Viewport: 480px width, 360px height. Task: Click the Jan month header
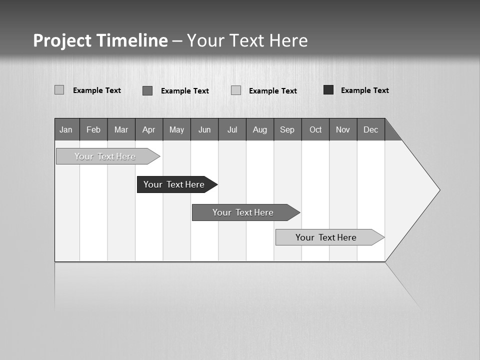(66, 129)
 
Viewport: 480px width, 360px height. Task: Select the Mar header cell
(121, 129)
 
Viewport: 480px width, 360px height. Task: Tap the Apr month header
(149, 129)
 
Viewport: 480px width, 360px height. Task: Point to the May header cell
(176, 129)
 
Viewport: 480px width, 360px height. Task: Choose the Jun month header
(204, 129)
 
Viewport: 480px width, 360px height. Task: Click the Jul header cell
(232, 129)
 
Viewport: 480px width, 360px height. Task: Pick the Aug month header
(260, 129)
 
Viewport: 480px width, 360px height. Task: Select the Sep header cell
(287, 129)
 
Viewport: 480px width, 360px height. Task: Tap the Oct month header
(315, 129)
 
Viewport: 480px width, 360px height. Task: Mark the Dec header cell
(371, 129)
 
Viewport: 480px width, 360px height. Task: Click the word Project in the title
(62, 40)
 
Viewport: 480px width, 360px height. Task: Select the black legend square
(328, 90)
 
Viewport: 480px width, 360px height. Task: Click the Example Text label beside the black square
(364, 90)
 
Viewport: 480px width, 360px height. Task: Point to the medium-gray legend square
(147, 90)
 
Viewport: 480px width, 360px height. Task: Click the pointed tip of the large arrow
(438, 190)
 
